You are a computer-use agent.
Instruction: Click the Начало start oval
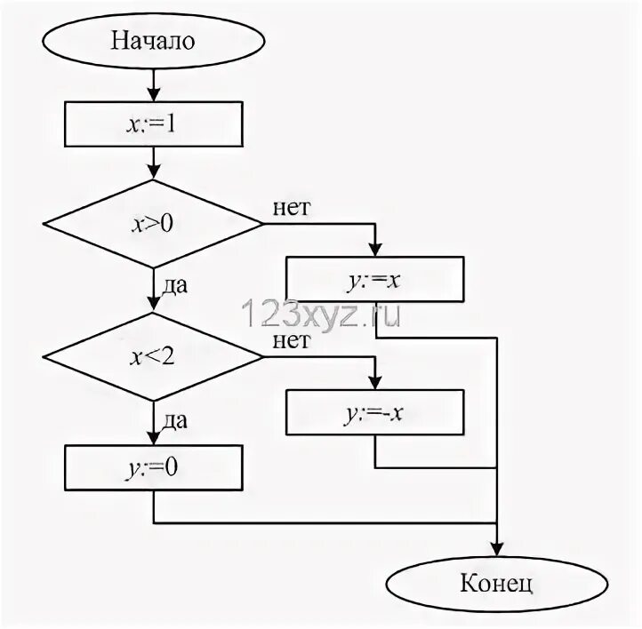pyautogui.click(x=154, y=41)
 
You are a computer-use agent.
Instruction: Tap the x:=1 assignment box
pyautogui.click(x=154, y=123)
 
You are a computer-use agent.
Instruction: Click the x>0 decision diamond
pyautogui.click(x=154, y=224)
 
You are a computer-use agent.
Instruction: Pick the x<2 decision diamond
pyautogui.click(x=154, y=357)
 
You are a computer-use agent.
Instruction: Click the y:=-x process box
pyautogui.click(x=375, y=413)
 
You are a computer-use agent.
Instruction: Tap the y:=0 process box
pyautogui.click(x=154, y=466)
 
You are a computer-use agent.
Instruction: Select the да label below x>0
pyautogui.click(x=174, y=286)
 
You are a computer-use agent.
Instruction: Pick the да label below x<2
pyautogui.click(x=174, y=420)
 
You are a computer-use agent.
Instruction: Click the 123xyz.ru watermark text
pyautogui.click(x=320, y=314)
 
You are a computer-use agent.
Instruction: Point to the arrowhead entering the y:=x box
pyautogui.click(x=375, y=251)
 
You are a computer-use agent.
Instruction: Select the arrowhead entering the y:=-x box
pyautogui.click(x=375, y=384)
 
